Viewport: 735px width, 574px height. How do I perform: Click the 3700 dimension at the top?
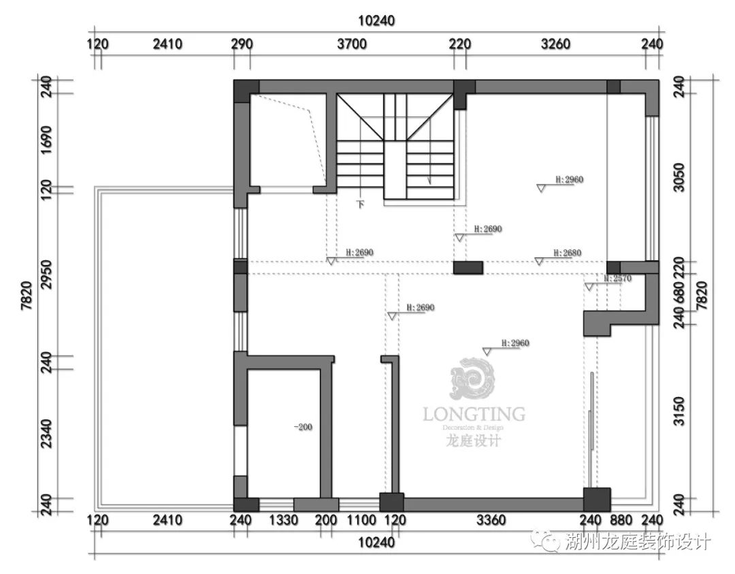[352, 45]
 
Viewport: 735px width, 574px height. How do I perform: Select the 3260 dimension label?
[555, 45]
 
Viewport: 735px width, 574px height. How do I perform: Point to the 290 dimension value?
[242, 45]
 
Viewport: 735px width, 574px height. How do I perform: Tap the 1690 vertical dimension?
[46, 139]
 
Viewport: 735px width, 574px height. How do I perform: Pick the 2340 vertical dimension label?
[46, 433]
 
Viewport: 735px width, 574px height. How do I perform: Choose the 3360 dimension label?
[491, 521]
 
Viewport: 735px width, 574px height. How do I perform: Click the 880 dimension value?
[624, 521]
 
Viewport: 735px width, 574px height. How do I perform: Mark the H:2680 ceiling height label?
[568, 253]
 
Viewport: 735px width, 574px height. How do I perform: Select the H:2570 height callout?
[618, 278]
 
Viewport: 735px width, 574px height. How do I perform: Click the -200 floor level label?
[303, 428]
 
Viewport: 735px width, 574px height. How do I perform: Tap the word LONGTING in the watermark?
[474, 414]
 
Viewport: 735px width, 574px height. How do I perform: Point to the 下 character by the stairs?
[361, 204]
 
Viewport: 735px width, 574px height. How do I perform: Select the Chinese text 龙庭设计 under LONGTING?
[474, 441]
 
